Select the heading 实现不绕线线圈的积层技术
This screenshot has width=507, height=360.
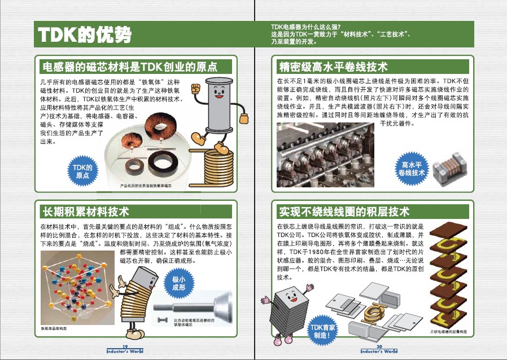344,212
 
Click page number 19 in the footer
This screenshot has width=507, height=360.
127,346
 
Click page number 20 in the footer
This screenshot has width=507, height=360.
379,346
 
